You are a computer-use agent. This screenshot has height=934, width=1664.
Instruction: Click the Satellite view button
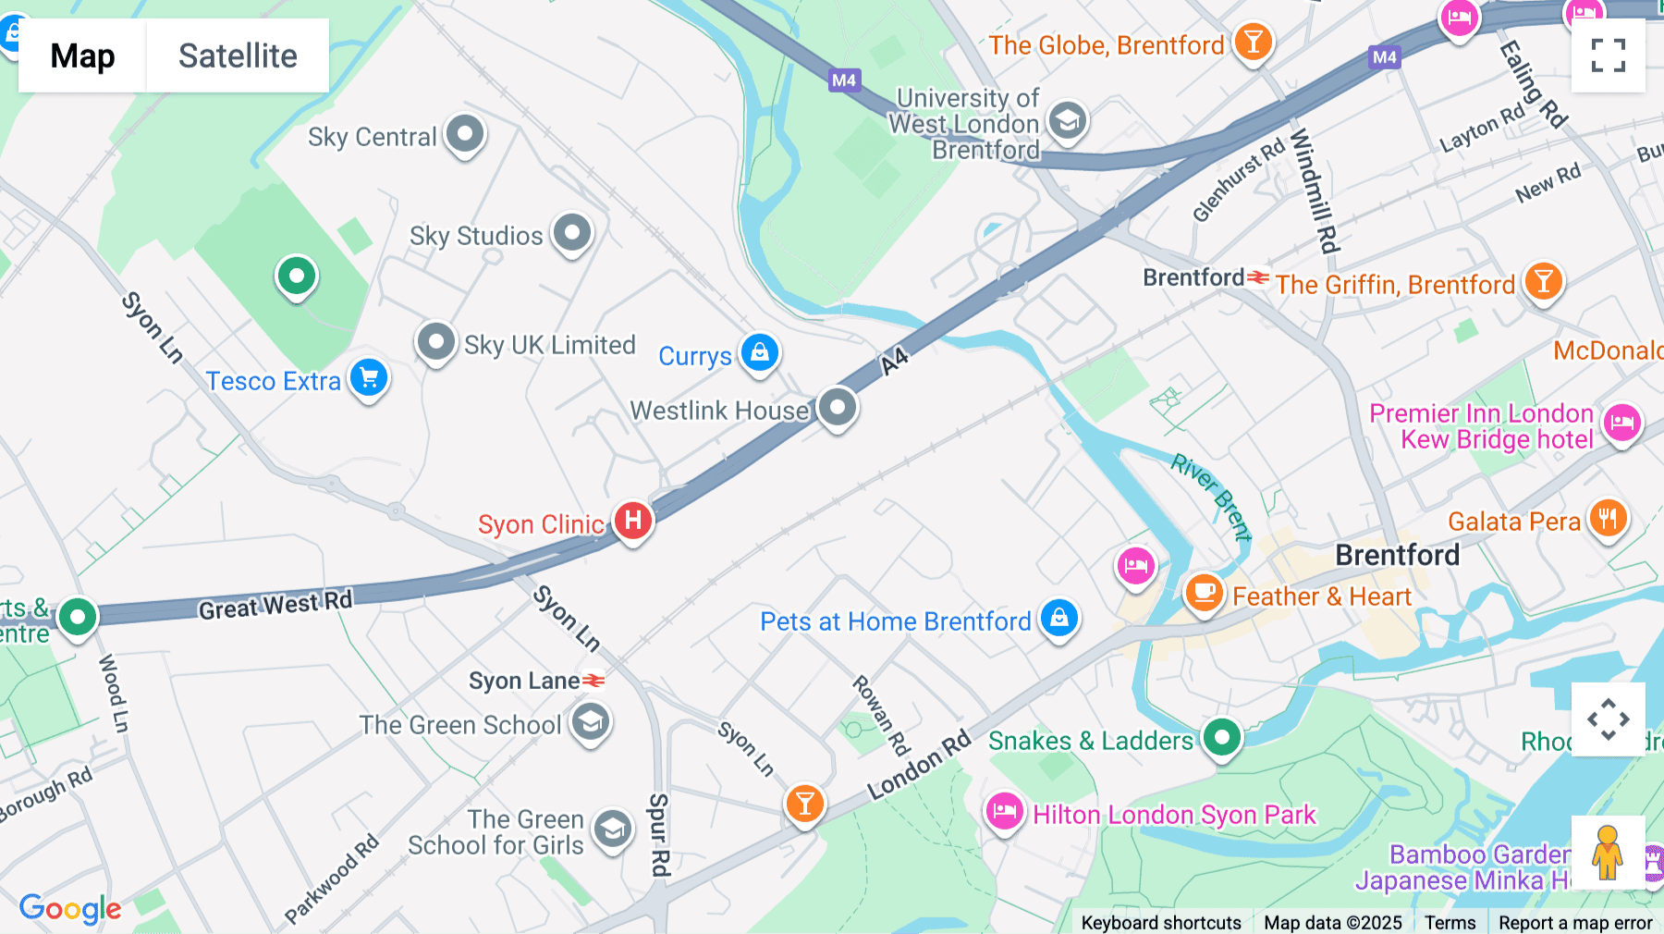pyautogui.click(x=238, y=55)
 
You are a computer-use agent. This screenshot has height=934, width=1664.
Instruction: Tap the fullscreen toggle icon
pyautogui.click(x=1608, y=55)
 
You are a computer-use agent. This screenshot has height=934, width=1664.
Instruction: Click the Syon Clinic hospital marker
pyautogui.click(x=633, y=521)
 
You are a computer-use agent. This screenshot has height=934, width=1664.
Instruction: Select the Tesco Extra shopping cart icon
pyautogui.click(x=369, y=378)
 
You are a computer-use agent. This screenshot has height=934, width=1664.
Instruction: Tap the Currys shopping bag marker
pyautogui.click(x=760, y=353)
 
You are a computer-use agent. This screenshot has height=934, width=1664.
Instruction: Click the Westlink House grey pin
pyautogui.click(x=838, y=408)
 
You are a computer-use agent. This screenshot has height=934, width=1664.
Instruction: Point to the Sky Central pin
pyautogui.click(x=465, y=135)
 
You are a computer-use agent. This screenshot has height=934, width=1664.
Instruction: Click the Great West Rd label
pyautogui.click(x=275, y=606)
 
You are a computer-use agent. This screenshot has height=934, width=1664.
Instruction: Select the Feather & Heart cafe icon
pyautogui.click(x=1204, y=593)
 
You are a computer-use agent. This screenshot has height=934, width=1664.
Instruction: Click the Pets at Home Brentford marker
pyautogui.click(x=1059, y=618)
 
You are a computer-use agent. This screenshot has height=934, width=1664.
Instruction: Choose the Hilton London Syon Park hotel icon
pyautogui.click(x=1004, y=813)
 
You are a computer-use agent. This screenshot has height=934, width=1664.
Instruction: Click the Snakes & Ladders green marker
pyautogui.click(x=1222, y=738)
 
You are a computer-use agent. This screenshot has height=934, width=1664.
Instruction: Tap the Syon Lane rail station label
pyautogui.click(x=524, y=682)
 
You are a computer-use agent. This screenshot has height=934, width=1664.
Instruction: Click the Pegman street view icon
pyautogui.click(x=1608, y=853)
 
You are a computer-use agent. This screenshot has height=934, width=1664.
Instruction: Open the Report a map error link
pyautogui.click(x=1575, y=923)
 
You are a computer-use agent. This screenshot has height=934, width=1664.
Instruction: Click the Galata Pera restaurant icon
pyautogui.click(x=1609, y=520)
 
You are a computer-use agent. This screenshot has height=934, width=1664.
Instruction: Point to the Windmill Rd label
pyautogui.click(x=1315, y=190)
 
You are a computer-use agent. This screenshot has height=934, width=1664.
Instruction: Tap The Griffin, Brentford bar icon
pyautogui.click(x=1543, y=281)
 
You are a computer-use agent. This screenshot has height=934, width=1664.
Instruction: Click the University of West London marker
pyautogui.click(x=1068, y=121)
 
